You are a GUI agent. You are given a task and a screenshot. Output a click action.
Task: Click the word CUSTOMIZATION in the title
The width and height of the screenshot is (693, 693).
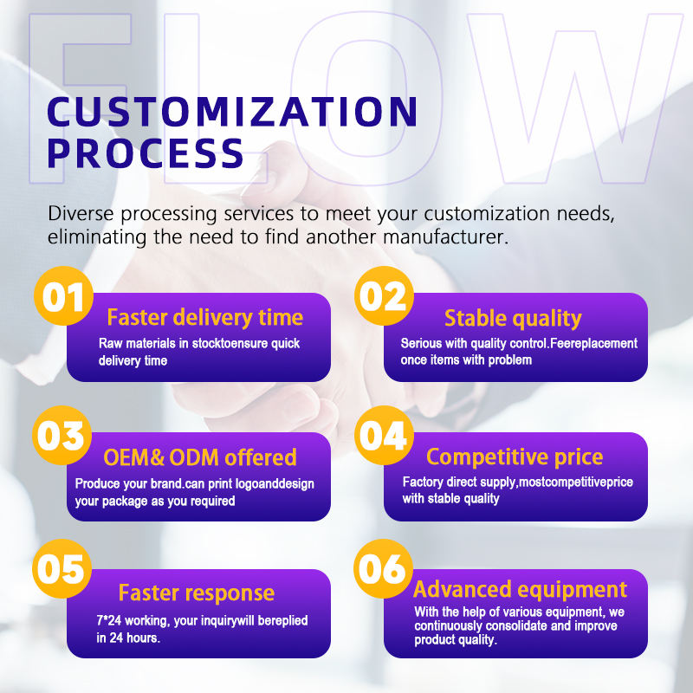pyautogui.click(x=232, y=113)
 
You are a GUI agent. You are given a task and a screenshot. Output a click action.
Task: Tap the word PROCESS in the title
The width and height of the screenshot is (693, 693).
pyautogui.click(x=146, y=152)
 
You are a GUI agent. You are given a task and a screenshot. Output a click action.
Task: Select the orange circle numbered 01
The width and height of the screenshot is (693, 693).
pyautogui.click(x=62, y=297)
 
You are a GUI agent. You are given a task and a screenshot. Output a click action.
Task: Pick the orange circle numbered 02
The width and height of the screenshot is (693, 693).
pyautogui.click(x=382, y=297)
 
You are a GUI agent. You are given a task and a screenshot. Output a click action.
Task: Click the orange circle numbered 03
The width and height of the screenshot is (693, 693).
pyautogui.click(x=62, y=437)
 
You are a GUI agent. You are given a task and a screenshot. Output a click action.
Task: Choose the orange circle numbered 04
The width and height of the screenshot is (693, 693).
pyautogui.click(x=382, y=437)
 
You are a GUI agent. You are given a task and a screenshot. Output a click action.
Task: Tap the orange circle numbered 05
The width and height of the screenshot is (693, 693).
pyautogui.click(x=62, y=572)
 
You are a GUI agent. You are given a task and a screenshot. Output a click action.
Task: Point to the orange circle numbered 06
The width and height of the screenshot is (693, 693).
pyautogui.click(x=382, y=572)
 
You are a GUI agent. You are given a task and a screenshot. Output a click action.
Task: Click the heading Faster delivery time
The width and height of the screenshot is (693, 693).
pyautogui.click(x=204, y=317)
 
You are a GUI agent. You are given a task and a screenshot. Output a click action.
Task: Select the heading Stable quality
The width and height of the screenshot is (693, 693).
pyautogui.click(x=513, y=319)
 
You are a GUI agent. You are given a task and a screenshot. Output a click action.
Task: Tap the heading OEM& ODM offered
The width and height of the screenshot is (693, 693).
pyautogui.click(x=200, y=457)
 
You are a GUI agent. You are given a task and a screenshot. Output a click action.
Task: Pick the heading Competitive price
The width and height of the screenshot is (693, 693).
pyautogui.click(x=515, y=457)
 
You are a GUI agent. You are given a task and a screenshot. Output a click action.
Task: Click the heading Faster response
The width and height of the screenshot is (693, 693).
pyautogui.click(x=197, y=593)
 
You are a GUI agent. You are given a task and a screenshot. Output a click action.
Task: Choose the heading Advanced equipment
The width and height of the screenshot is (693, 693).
pyautogui.click(x=520, y=590)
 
